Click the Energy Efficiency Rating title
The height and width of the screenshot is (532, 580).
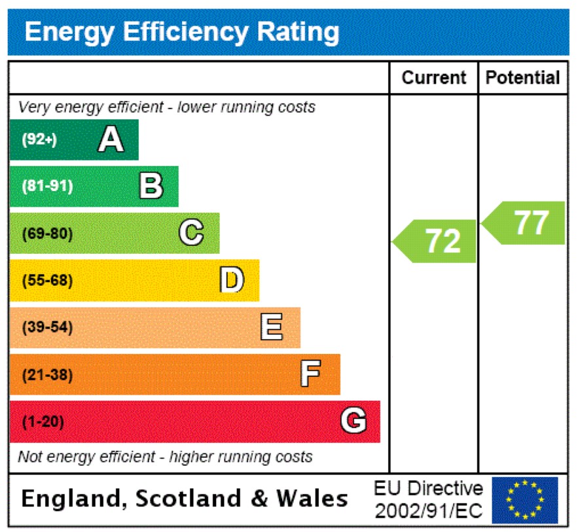(x=182, y=31)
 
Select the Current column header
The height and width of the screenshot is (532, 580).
(x=433, y=78)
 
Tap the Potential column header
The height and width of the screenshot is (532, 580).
(x=522, y=78)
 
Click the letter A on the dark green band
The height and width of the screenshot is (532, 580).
(x=111, y=139)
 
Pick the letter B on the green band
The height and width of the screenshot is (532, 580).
(x=151, y=186)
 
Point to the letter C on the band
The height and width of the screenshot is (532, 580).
(x=191, y=233)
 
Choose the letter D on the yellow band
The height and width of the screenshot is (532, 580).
(x=232, y=280)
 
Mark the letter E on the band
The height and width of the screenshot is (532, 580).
(x=272, y=327)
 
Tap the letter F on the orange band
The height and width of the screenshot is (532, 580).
(x=310, y=375)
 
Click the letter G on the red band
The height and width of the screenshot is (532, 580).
(x=353, y=421)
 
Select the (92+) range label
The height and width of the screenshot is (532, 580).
(x=40, y=139)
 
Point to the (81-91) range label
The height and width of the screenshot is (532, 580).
(x=48, y=186)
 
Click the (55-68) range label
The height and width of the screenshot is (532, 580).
(x=48, y=281)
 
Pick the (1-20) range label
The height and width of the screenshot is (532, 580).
(x=43, y=422)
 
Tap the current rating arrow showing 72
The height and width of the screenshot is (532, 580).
(x=435, y=241)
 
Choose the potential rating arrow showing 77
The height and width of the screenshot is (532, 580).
(x=524, y=223)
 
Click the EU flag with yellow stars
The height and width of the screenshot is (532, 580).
(x=525, y=500)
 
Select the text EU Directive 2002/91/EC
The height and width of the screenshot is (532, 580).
(x=429, y=500)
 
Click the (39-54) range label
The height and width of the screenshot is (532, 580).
(x=48, y=328)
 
